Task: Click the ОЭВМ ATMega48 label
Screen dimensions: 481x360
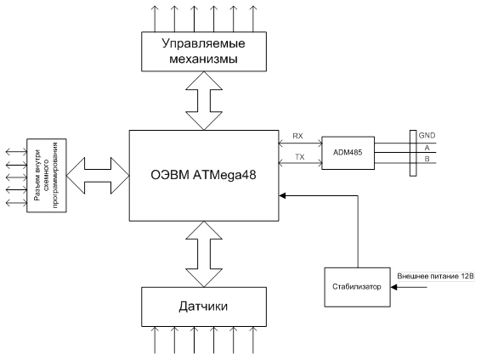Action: [x=203, y=175]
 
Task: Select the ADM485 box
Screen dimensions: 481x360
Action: [x=348, y=153]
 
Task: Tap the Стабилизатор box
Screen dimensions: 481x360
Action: [x=358, y=287]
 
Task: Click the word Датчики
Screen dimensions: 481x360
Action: [x=203, y=307]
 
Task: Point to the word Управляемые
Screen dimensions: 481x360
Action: [x=203, y=43]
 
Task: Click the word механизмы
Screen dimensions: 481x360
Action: [x=203, y=59]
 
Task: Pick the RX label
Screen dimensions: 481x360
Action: [x=297, y=136]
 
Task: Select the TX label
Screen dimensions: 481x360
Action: [x=300, y=157]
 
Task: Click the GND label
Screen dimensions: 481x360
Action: [x=427, y=135]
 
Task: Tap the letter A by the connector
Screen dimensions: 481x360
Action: [x=427, y=148]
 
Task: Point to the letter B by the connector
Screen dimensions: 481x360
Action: [x=427, y=159]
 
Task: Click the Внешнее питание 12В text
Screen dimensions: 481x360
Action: [x=436, y=276]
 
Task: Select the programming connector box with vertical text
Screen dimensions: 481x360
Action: [x=47, y=176]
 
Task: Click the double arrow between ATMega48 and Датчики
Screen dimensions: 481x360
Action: [x=204, y=254]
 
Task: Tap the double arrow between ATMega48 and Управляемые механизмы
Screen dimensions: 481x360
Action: [x=204, y=100]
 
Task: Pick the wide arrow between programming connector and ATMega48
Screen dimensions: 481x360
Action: [x=98, y=176]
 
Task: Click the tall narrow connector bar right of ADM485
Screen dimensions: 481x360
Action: [x=413, y=153]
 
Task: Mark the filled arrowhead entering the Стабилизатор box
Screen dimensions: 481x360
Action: [x=393, y=287]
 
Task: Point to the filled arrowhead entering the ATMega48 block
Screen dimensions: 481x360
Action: [x=282, y=195]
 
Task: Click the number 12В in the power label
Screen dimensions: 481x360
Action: [x=467, y=276]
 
